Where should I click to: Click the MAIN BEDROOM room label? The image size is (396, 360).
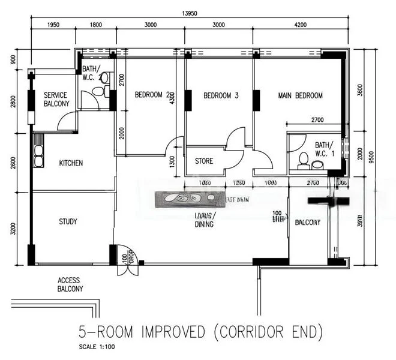click(300, 95)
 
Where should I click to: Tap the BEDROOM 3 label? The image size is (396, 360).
click(221, 95)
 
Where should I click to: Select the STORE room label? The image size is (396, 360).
click(204, 161)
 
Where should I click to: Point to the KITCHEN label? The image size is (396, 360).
click(71, 163)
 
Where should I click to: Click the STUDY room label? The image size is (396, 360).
click(68, 221)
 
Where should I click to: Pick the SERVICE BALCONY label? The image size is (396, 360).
click(56, 100)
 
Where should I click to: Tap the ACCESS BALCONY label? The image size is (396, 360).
click(68, 284)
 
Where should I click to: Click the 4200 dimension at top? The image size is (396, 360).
click(300, 25)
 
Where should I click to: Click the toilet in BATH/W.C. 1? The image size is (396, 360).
click(303, 160)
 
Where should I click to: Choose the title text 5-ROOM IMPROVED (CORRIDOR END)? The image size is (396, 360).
click(201, 331)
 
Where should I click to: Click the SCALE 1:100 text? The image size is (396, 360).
click(98, 347)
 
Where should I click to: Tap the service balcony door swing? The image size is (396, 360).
click(66, 122)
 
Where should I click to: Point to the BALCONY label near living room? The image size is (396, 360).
click(307, 223)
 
